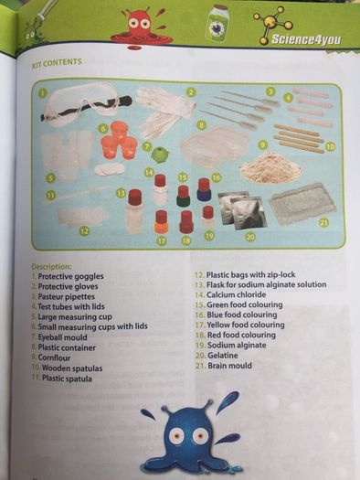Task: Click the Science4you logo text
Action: coord(305,39)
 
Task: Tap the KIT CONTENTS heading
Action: coord(57,62)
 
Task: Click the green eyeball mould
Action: coord(159,153)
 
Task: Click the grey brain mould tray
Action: coord(302,203)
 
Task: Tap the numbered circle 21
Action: coord(323,222)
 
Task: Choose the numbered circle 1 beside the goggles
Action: coord(43,92)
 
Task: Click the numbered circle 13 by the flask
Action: coord(122,194)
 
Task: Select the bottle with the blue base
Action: coord(204,190)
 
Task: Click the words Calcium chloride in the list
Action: coord(236,294)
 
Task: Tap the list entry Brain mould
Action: coord(229,366)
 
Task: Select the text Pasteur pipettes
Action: coord(66,296)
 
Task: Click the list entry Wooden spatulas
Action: coord(72,368)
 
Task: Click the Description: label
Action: coord(51,267)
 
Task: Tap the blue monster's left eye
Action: coord(175,434)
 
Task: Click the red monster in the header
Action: coord(141,27)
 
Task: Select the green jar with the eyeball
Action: coord(217,23)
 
